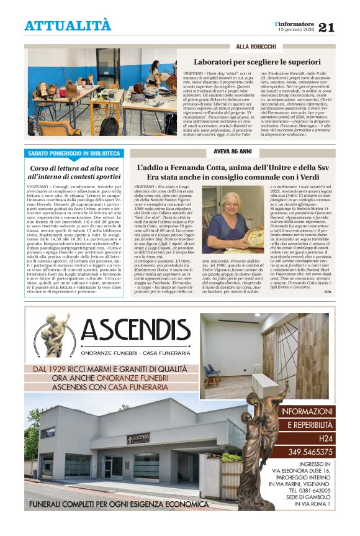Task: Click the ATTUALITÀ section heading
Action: click(x=68, y=25)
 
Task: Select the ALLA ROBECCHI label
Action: click(x=255, y=47)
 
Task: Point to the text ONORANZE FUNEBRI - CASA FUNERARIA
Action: click(x=135, y=352)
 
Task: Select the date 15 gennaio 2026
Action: click(x=295, y=29)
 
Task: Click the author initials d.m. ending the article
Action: click(x=328, y=292)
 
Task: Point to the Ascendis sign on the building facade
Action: click(x=138, y=438)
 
